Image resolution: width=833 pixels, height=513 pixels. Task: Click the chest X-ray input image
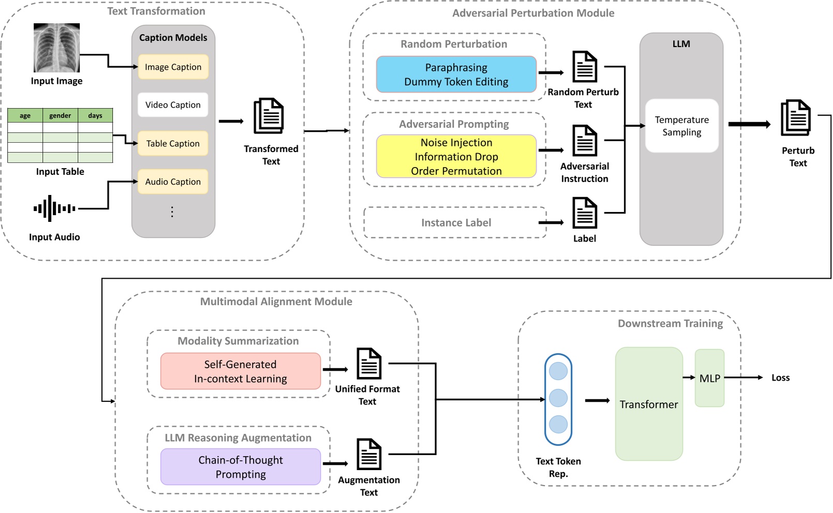56,48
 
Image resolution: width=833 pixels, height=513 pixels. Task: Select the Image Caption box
173,67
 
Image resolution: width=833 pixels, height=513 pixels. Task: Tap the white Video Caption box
173,104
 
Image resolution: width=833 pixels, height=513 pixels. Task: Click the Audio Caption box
173,182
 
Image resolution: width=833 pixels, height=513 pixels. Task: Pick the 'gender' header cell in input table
60,115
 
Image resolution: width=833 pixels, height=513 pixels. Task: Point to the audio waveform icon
54,208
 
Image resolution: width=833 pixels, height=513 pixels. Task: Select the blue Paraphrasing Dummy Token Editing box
456,74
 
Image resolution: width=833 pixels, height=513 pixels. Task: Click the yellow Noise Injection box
456,156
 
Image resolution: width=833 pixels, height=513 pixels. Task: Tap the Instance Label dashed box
455,222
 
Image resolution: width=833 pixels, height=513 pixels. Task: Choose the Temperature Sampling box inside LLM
681,126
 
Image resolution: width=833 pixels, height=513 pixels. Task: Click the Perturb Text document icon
796,118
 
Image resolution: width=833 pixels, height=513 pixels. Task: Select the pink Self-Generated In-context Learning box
240,371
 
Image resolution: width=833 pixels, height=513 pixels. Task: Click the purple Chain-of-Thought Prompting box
240,466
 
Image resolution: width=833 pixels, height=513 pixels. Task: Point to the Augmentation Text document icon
369,454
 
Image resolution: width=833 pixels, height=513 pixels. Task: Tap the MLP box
709,378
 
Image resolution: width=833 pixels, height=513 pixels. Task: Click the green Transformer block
649,404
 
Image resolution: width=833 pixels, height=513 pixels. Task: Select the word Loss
780,378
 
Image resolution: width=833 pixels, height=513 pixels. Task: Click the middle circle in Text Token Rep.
558,398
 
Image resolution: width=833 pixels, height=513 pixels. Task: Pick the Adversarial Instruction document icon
585,140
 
